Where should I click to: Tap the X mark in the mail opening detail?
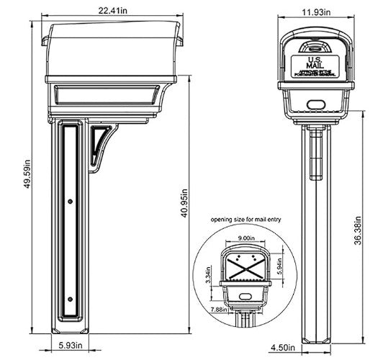tap(245, 269)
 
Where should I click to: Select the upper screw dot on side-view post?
tap(69, 202)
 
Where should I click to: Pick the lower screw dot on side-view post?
tap(69, 300)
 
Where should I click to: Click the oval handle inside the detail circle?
tap(245, 296)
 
